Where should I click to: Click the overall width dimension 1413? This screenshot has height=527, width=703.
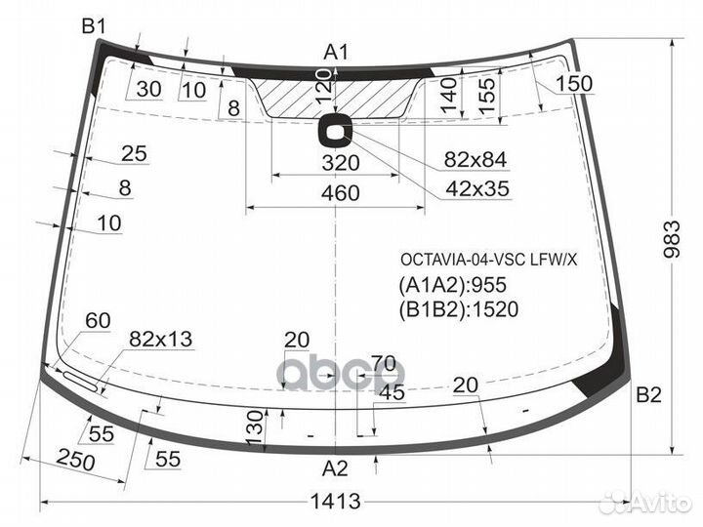pyautogui.click(x=337, y=502)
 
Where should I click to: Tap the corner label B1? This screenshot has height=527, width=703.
pyautogui.click(x=94, y=27)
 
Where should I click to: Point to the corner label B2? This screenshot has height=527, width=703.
pyautogui.click(x=649, y=395)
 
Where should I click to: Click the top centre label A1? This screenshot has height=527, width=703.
pyautogui.click(x=337, y=52)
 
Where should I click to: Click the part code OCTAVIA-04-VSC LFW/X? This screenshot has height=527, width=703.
pyautogui.click(x=488, y=260)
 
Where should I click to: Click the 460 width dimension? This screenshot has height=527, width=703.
pyautogui.click(x=340, y=193)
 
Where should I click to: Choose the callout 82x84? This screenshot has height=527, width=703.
pyautogui.click(x=476, y=160)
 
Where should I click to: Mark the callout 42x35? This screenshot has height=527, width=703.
pyautogui.click(x=476, y=188)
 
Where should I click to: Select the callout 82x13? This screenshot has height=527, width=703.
pyautogui.click(x=160, y=339)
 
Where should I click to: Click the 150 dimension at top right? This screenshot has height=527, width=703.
pyautogui.click(x=574, y=84)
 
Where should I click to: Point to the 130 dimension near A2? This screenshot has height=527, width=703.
pyautogui.click(x=253, y=425)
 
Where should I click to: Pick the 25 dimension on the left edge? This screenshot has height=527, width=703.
pyautogui.click(x=134, y=153)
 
